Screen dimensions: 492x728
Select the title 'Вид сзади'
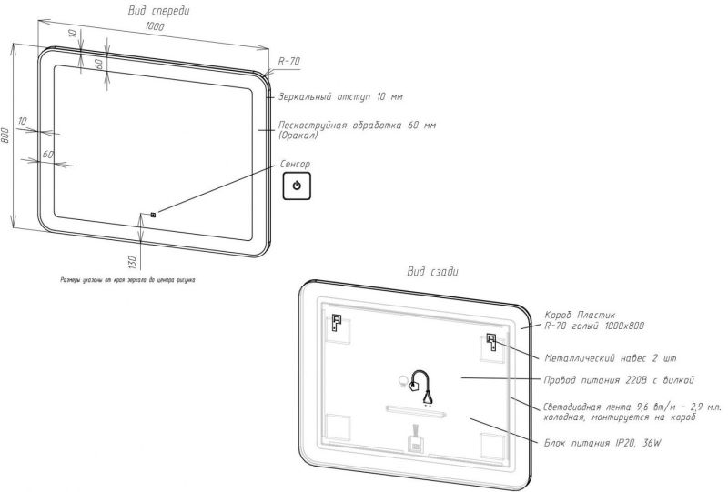(432, 271)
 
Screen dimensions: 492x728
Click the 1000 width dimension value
(155, 28)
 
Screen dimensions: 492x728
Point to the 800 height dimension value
(6, 136)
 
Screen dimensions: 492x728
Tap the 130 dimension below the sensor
(132, 263)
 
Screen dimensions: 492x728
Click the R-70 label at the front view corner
(288, 61)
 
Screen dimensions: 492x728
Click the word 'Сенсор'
(295, 165)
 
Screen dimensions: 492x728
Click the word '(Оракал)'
(298, 136)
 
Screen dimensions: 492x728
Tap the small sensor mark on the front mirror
(153, 215)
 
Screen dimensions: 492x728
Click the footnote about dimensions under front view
(127, 280)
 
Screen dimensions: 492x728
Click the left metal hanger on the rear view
(336, 322)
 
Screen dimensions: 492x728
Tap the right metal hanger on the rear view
(492, 343)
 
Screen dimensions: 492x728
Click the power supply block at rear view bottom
(414, 445)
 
